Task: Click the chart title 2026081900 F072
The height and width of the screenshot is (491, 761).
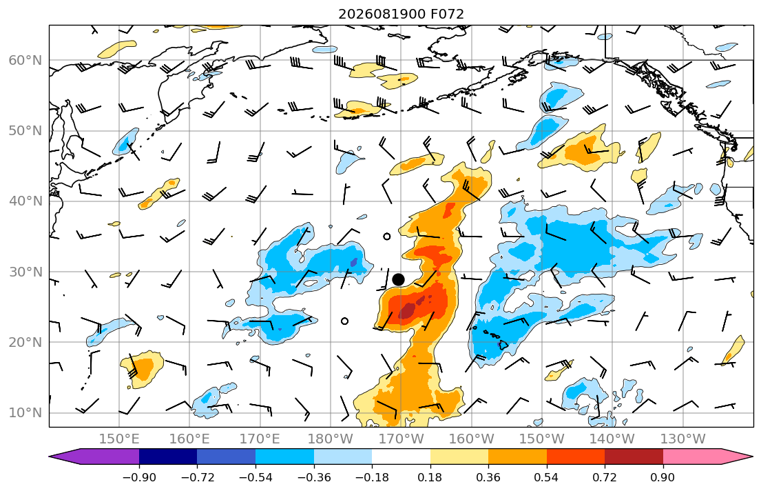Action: coord(401,14)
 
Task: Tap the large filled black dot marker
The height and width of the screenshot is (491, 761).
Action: coord(398,279)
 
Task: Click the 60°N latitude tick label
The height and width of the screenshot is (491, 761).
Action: coord(25,60)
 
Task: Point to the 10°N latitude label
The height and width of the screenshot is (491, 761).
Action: coord(25,413)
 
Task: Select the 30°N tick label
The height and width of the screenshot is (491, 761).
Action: coord(25,272)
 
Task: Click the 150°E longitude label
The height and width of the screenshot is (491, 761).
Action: coord(119,439)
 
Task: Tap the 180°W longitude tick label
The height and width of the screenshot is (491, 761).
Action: coord(331,439)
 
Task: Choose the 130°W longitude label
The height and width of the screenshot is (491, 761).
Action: coord(683,439)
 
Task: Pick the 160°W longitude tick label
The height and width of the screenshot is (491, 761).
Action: coord(471,439)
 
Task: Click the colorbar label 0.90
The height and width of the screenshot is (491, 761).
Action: coord(663,477)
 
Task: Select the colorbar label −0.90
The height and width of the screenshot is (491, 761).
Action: coord(139,477)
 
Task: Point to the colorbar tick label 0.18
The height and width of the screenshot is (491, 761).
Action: coord(430,477)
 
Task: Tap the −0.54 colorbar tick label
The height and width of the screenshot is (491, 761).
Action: coord(256,477)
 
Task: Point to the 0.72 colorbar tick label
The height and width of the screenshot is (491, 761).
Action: coord(605,477)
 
